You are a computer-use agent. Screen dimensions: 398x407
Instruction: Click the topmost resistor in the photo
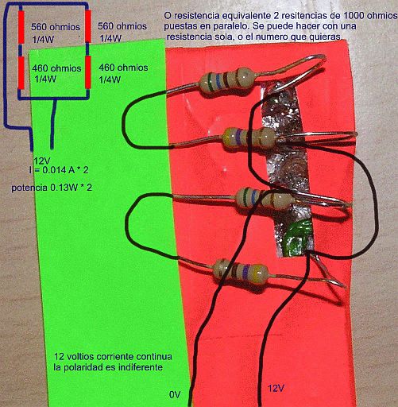click(x=228, y=80)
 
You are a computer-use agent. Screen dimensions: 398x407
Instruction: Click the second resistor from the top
click(x=249, y=138)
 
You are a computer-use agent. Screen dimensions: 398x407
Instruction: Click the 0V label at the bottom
click(x=175, y=395)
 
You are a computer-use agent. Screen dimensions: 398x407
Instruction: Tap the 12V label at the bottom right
click(x=276, y=389)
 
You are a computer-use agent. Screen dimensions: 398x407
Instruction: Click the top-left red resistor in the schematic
click(x=21, y=27)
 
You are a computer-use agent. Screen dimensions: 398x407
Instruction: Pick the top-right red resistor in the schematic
click(x=88, y=26)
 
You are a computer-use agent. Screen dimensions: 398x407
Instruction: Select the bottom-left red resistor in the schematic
click(x=21, y=72)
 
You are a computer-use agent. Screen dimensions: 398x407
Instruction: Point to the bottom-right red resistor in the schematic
click(x=88, y=72)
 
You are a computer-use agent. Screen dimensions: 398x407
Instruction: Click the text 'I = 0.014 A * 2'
click(x=59, y=170)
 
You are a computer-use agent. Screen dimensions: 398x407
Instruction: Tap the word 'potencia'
click(x=29, y=188)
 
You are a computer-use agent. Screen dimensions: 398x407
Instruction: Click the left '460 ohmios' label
click(x=56, y=68)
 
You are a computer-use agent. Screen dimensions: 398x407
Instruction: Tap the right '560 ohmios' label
click(x=122, y=26)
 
